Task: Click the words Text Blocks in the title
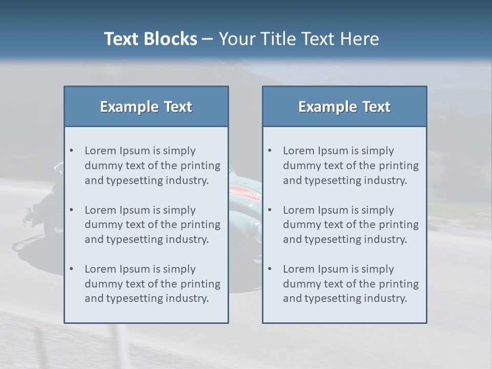pos(151,39)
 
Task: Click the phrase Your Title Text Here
pos(299,39)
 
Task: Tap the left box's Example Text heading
pos(146,107)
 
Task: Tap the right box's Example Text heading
pos(344,107)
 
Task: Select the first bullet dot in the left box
pos(71,151)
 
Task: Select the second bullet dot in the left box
pos(71,210)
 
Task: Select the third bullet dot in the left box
pos(71,269)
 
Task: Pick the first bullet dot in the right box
pos(270,151)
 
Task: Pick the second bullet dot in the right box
pos(270,210)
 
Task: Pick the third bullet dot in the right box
pos(270,269)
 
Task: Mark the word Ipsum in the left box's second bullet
pos(135,210)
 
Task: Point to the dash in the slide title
pos(208,39)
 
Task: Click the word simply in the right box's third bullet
pos(378,269)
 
